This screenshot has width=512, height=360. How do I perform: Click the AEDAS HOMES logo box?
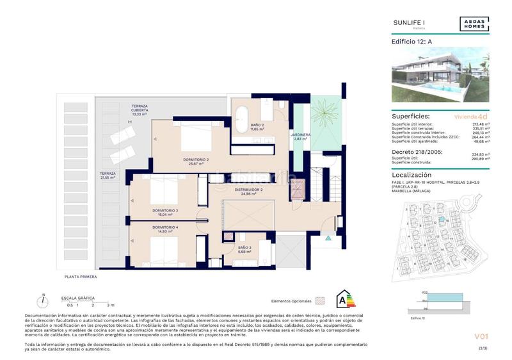coord(474,24)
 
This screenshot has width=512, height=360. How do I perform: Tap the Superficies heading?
coord(411,117)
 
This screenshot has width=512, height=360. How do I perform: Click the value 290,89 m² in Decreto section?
coord(480,158)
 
